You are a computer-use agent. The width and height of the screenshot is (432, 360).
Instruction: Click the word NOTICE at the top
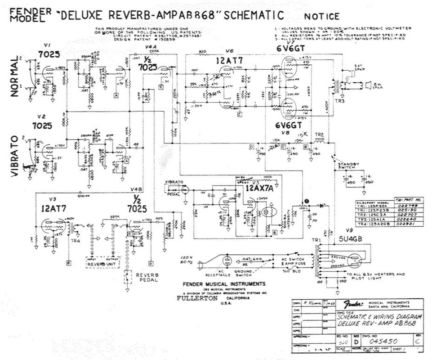pos(322,17)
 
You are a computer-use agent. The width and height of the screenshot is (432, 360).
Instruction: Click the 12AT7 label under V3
pos(54,209)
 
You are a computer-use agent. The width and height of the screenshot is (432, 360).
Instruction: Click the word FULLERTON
pos(197,298)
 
